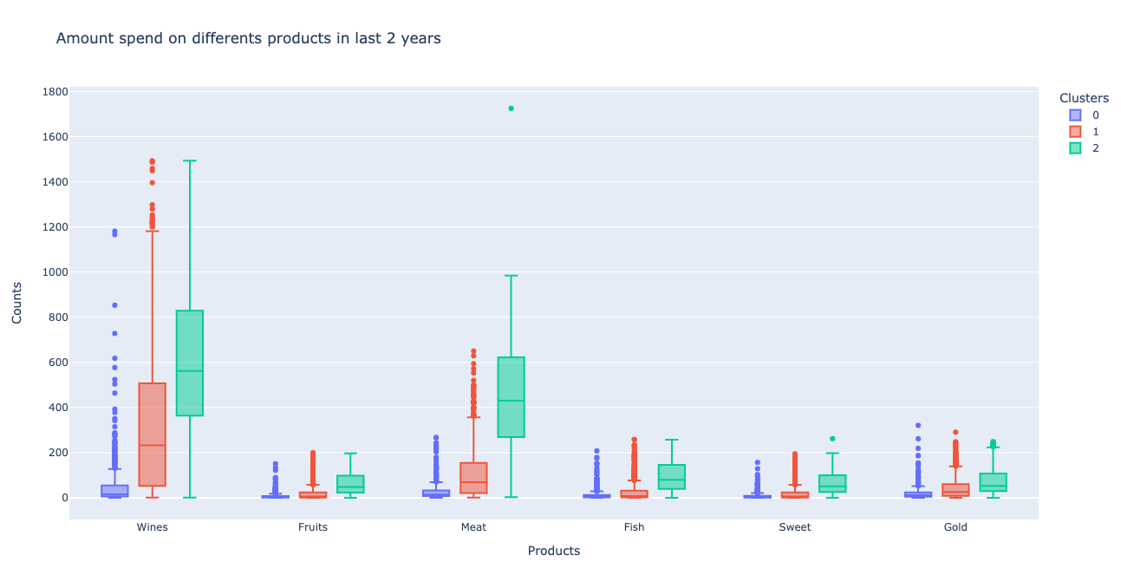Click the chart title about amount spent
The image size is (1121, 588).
click(x=248, y=38)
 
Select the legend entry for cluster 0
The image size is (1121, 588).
click(x=1084, y=114)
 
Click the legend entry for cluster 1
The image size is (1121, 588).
click(x=1084, y=131)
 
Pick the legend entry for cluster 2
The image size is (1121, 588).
click(x=1084, y=147)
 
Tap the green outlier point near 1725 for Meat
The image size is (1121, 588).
click(x=511, y=108)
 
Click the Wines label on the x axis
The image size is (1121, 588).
click(x=152, y=527)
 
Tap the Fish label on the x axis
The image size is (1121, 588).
click(x=634, y=527)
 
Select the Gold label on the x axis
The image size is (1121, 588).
click(x=955, y=527)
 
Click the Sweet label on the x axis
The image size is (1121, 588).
click(x=794, y=527)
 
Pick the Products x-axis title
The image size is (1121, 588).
click(x=553, y=551)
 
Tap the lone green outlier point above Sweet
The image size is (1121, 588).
click(x=832, y=439)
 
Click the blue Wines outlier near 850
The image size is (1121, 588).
click(x=114, y=305)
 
